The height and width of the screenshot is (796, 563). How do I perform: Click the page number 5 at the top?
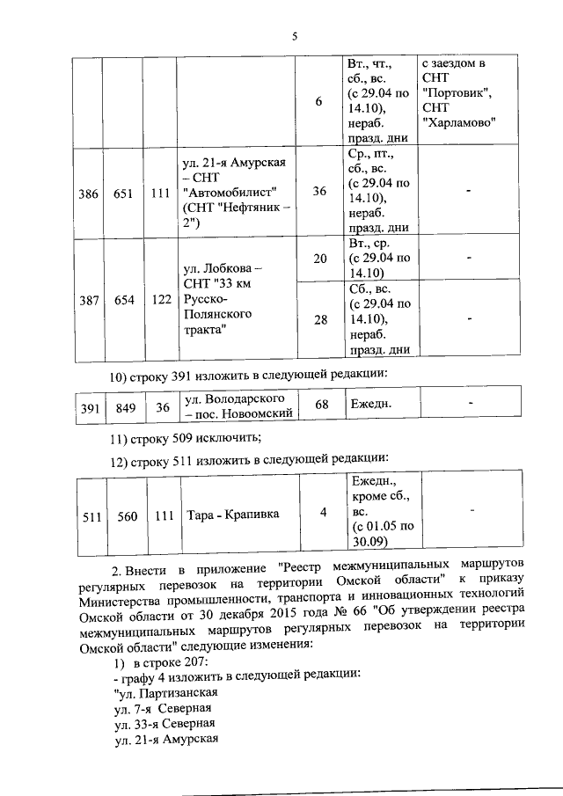[295, 36]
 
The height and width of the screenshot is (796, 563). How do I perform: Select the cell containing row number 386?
[88, 194]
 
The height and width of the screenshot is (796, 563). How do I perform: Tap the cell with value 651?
[124, 194]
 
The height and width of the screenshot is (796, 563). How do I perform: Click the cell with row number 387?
[88, 300]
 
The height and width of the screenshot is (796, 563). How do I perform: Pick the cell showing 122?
[161, 300]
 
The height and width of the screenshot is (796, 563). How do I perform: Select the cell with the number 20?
[319, 259]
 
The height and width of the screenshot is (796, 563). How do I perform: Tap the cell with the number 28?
[319, 319]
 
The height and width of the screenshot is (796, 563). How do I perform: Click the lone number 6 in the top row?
[319, 102]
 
